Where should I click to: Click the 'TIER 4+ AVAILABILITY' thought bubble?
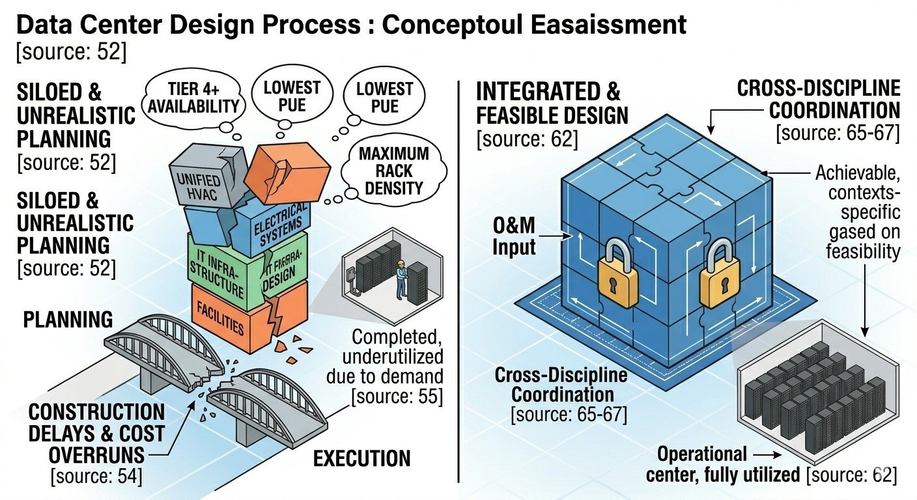point(193,97)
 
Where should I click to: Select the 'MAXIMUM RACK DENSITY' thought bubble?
point(393,171)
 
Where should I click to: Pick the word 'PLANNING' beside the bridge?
point(68,320)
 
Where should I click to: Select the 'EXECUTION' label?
point(362,458)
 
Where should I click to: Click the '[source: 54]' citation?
point(96,476)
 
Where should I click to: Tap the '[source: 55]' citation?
point(397,395)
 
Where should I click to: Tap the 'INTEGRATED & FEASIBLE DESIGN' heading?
point(552,102)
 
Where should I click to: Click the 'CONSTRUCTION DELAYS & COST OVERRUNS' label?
point(97,432)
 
